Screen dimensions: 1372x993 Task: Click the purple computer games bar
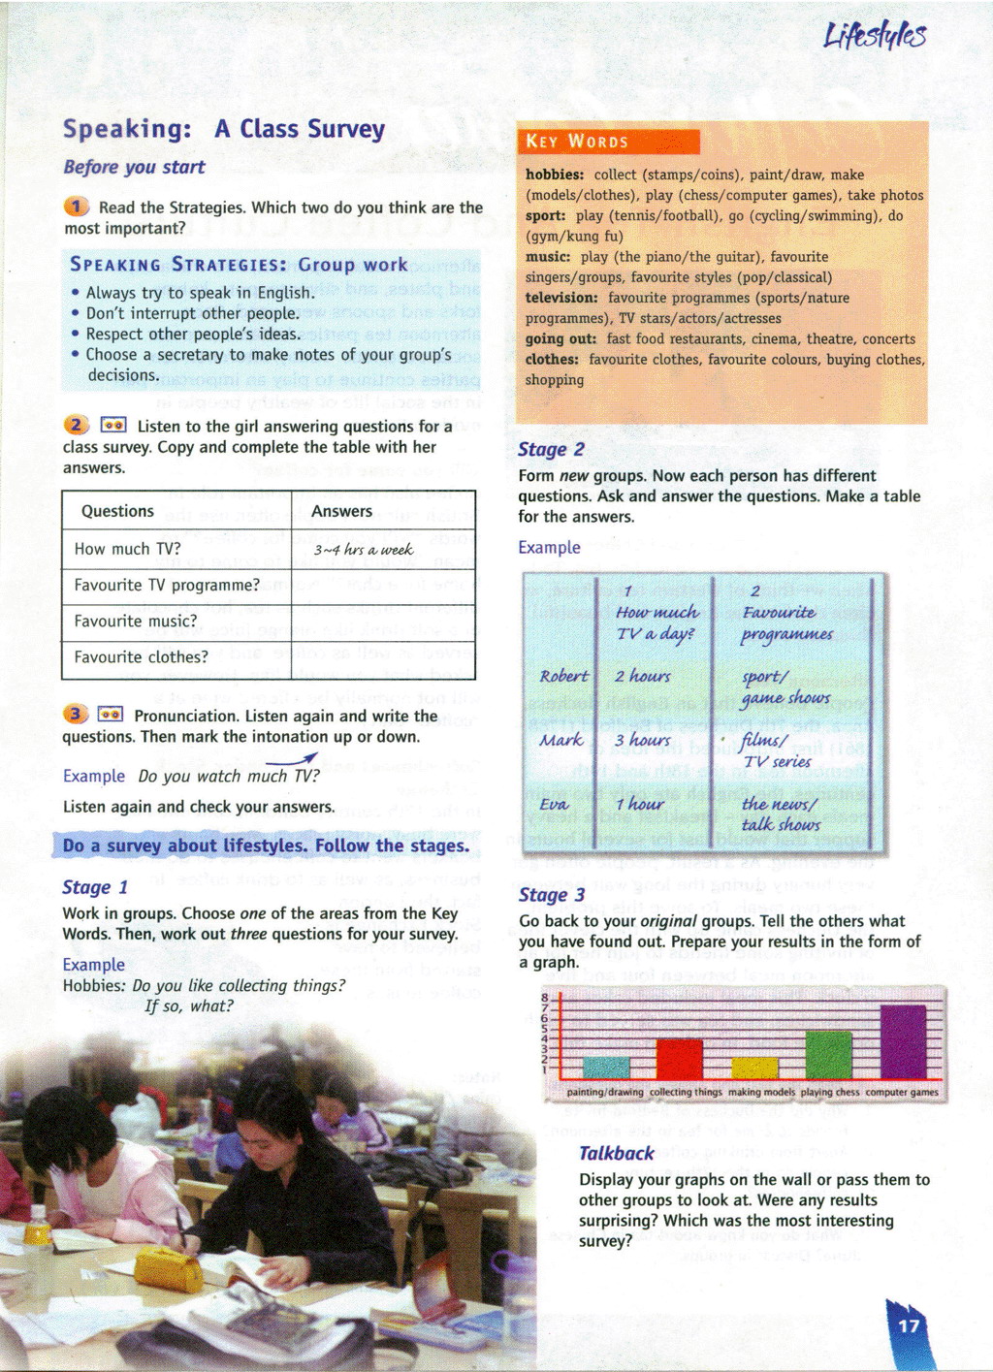pos(903,1042)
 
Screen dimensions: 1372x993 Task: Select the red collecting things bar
pos(679,1059)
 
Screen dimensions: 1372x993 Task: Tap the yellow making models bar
pos(754,1068)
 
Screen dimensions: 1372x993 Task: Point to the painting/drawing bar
pos(606,1067)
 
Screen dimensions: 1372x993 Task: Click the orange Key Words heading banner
pos(608,142)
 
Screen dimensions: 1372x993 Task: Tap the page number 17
pos(909,1325)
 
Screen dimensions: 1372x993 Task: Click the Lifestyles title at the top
pos(875,36)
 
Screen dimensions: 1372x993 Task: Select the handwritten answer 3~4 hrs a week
pos(363,550)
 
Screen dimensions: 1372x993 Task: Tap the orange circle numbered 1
pos(77,207)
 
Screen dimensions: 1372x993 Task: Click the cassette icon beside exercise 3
pos(111,715)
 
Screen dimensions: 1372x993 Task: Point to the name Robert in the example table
pos(563,676)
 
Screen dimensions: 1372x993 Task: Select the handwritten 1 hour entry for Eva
pos(640,804)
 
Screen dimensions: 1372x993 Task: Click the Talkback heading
pos(616,1153)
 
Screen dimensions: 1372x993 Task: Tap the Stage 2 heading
pos(551,449)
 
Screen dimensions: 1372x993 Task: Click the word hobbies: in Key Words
pos(555,175)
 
